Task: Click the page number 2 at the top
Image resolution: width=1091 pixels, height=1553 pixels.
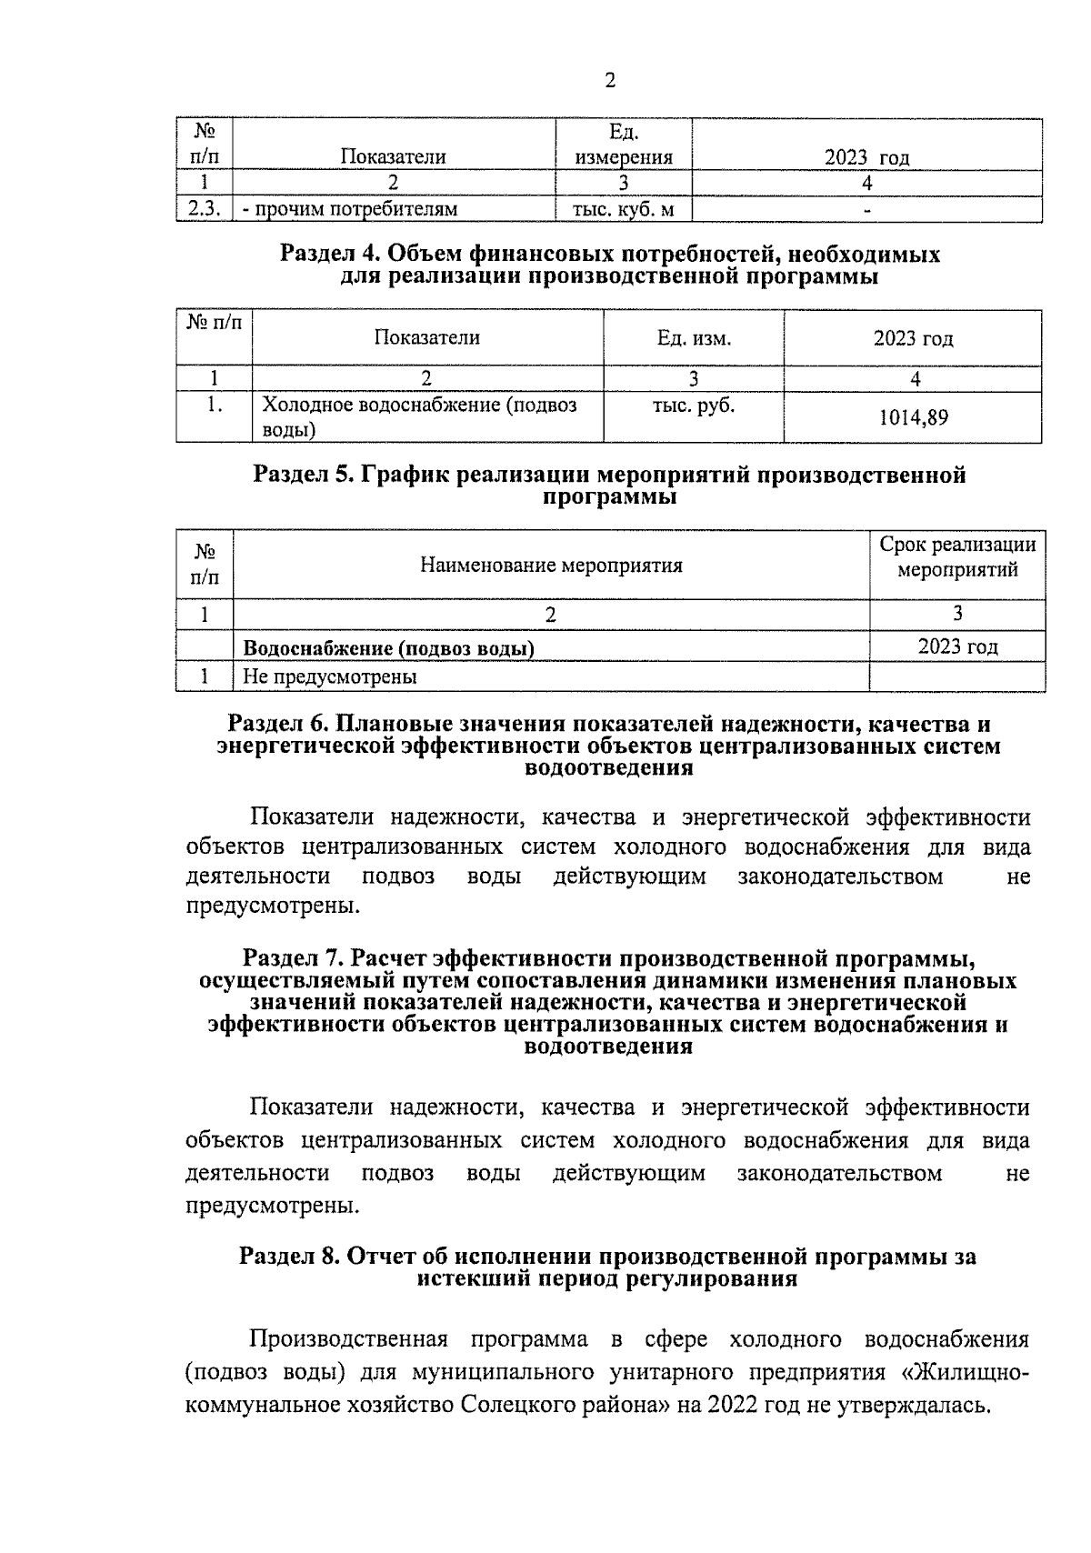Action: click(609, 82)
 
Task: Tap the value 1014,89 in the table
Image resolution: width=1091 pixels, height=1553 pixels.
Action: click(913, 418)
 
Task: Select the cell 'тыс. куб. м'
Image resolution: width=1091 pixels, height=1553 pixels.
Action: click(623, 210)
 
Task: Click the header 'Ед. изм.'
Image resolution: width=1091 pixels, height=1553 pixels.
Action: click(694, 339)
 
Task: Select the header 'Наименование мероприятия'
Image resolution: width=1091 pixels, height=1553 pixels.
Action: click(551, 566)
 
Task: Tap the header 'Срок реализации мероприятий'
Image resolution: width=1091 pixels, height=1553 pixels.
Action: click(957, 557)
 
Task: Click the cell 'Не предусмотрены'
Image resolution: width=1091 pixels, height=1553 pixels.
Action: click(330, 677)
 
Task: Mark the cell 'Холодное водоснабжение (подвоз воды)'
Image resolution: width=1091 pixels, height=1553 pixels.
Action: click(419, 417)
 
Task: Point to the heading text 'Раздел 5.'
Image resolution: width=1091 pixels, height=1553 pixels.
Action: click(299, 475)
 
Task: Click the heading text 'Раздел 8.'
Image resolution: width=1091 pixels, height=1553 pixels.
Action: click(286, 1257)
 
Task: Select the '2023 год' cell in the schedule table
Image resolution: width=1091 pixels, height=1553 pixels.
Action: click(957, 647)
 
